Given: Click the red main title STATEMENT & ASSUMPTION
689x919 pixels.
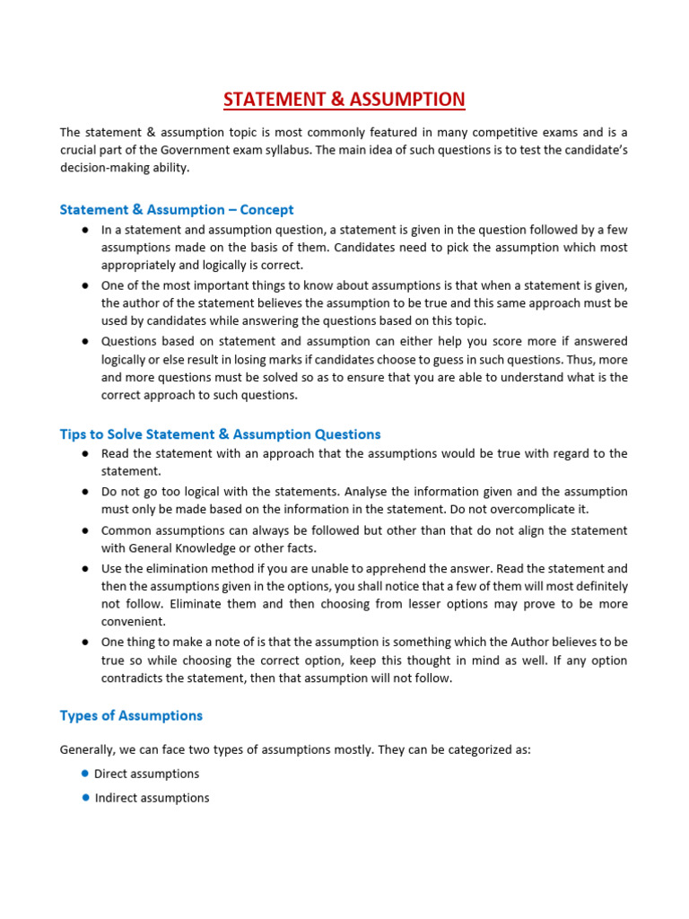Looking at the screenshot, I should tap(344, 99).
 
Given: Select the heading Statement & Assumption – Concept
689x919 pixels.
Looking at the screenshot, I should tap(177, 209).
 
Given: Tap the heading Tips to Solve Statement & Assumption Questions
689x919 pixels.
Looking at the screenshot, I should tap(220, 433).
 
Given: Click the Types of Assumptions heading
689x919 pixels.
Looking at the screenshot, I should tap(131, 715).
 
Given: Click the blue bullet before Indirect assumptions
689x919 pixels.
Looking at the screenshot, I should tap(84, 797).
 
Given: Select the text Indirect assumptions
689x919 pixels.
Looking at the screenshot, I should tap(152, 798).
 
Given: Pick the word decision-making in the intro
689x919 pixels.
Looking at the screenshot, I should tap(100, 168).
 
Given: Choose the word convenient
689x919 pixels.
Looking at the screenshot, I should tap(132, 621).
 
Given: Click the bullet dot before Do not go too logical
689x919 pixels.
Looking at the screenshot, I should tap(83, 492).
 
